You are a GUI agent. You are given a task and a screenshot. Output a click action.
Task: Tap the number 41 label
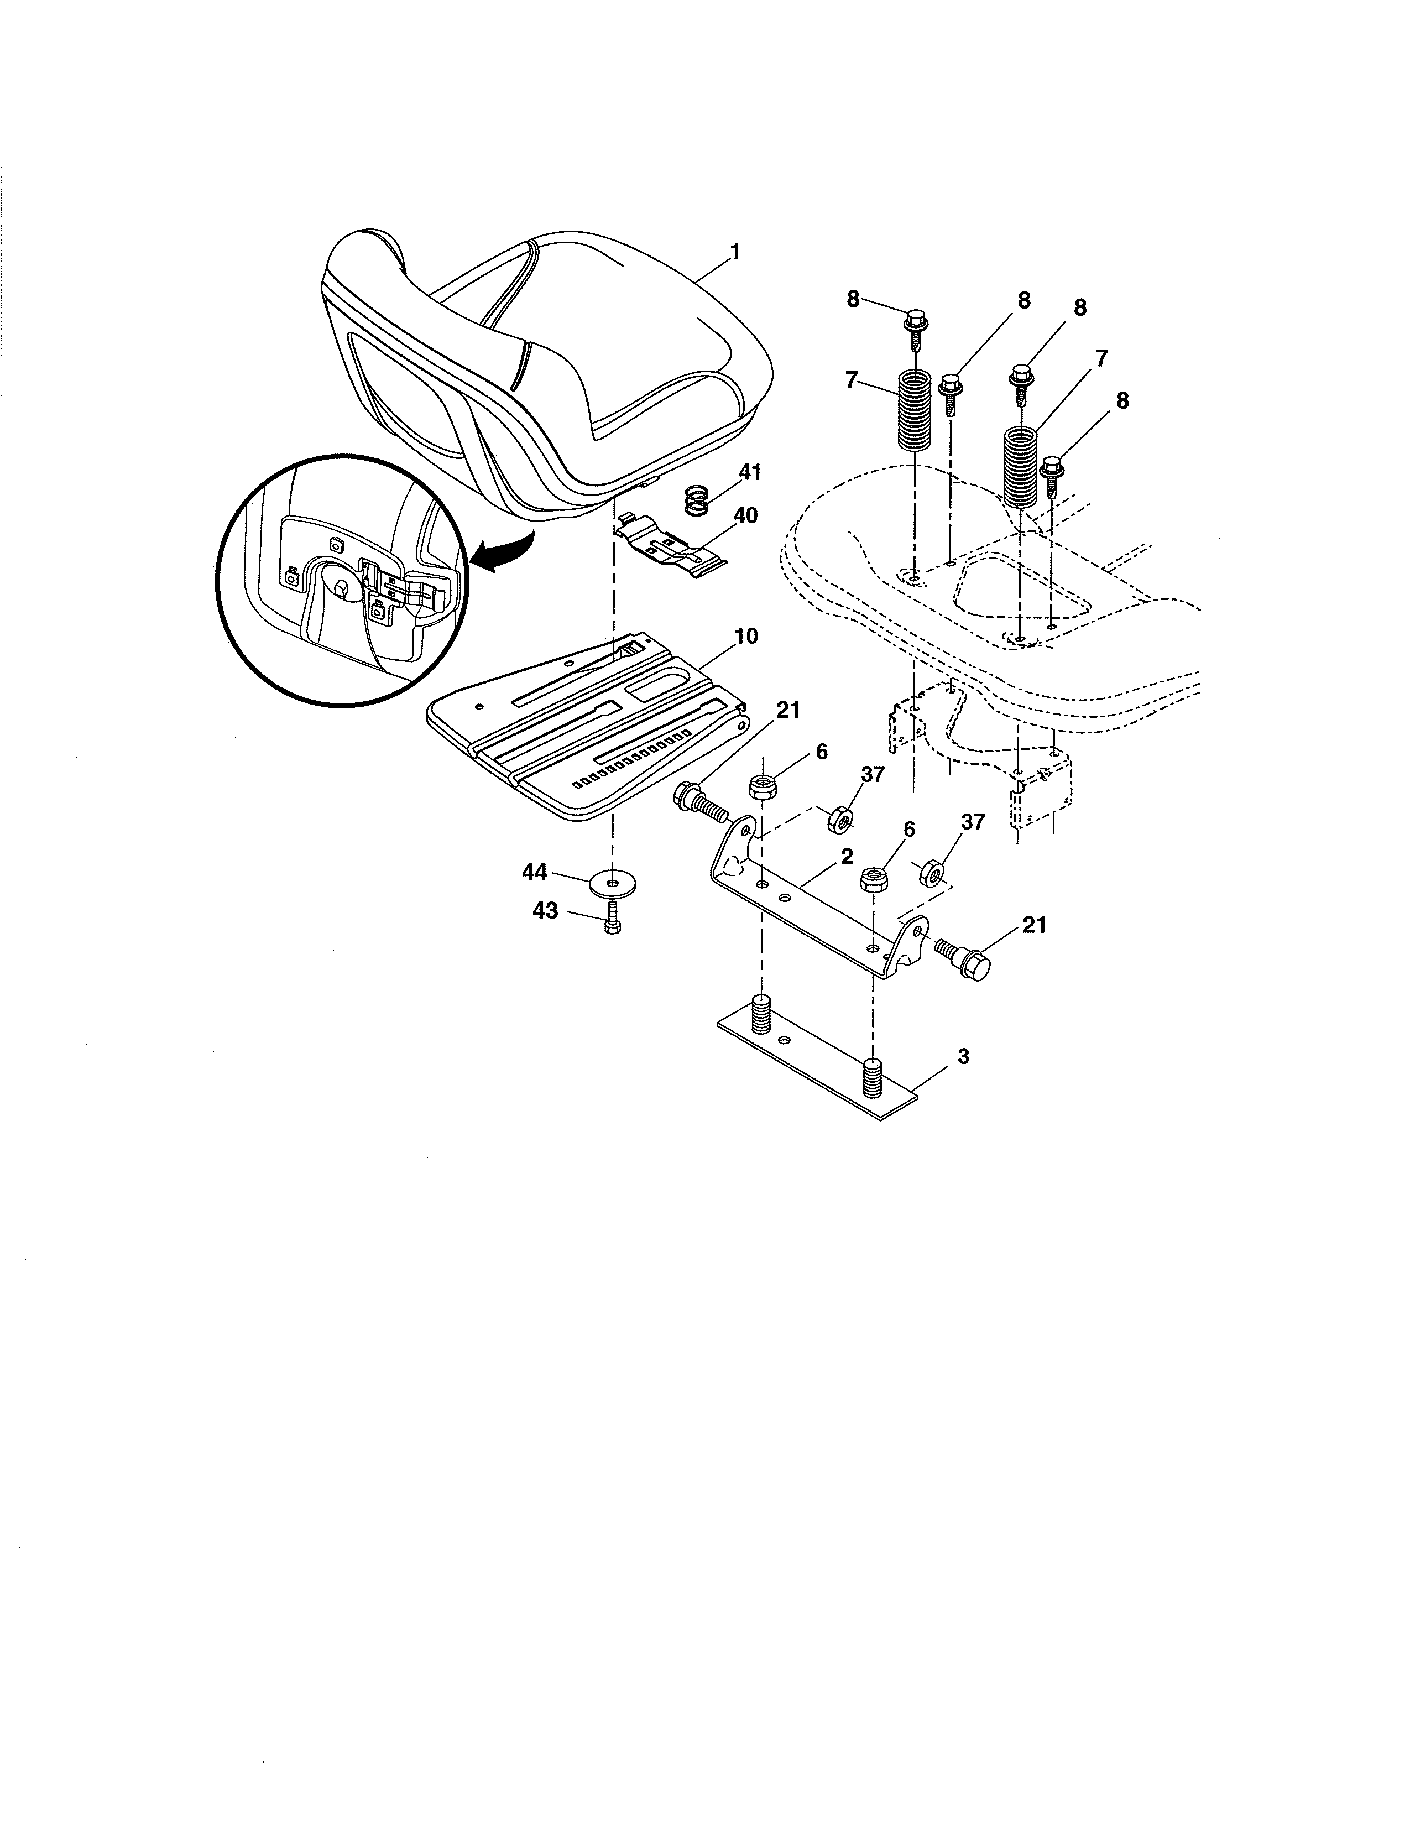(x=749, y=473)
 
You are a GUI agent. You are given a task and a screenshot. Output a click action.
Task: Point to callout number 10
(x=746, y=636)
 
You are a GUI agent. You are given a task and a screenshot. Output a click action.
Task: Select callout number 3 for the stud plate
(x=963, y=1056)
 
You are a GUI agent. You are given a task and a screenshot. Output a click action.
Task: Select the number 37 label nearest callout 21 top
(x=872, y=775)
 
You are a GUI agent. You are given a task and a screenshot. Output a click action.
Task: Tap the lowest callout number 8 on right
(x=1122, y=401)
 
